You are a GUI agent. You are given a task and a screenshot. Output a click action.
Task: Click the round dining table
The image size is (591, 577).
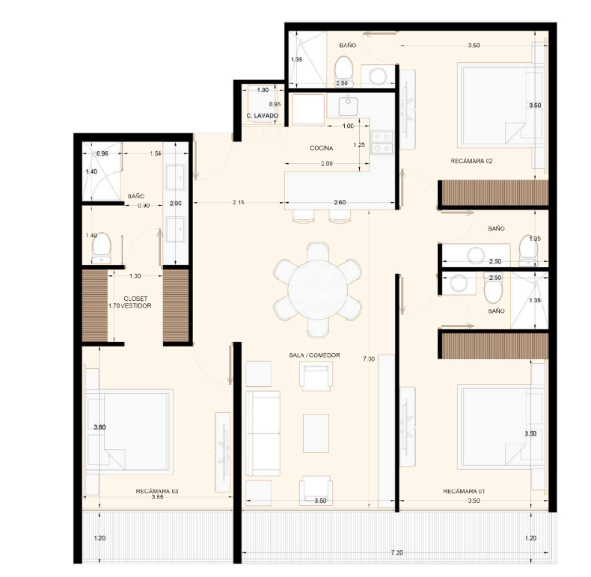(x=318, y=290)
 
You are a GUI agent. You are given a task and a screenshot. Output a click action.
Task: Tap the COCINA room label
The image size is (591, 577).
(x=321, y=148)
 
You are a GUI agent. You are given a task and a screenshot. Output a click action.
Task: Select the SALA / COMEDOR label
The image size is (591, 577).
(x=314, y=355)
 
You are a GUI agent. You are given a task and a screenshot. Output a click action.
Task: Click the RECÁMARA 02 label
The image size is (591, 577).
(x=471, y=161)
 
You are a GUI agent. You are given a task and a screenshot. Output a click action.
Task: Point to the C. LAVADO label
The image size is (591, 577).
(x=263, y=116)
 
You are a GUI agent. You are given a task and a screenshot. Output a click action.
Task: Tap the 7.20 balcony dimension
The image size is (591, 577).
(x=396, y=552)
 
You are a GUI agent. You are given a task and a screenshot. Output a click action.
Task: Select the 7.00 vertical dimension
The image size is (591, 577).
(x=369, y=359)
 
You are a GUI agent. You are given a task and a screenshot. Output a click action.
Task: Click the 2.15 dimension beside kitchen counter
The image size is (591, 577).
(x=238, y=203)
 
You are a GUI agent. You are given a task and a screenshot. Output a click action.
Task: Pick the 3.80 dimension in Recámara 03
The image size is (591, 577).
(x=99, y=427)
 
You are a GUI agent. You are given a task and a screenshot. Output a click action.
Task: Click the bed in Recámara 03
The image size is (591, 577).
(x=129, y=432)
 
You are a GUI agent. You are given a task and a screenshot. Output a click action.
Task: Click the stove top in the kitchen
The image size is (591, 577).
(x=382, y=142)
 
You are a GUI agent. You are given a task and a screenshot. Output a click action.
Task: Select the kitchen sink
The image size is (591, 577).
(x=348, y=106)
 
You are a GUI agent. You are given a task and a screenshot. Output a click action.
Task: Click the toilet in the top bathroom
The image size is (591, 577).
(x=343, y=72)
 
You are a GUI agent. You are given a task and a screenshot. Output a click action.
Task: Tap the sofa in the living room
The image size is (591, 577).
(x=263, y=433)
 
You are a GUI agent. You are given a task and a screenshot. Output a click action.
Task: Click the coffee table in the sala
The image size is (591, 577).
(x=316, y=433)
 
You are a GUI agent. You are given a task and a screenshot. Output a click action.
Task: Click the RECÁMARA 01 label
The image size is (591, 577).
(x=464, y=492)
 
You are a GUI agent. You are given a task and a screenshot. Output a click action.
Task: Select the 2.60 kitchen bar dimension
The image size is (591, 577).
(x=340, y=203)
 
